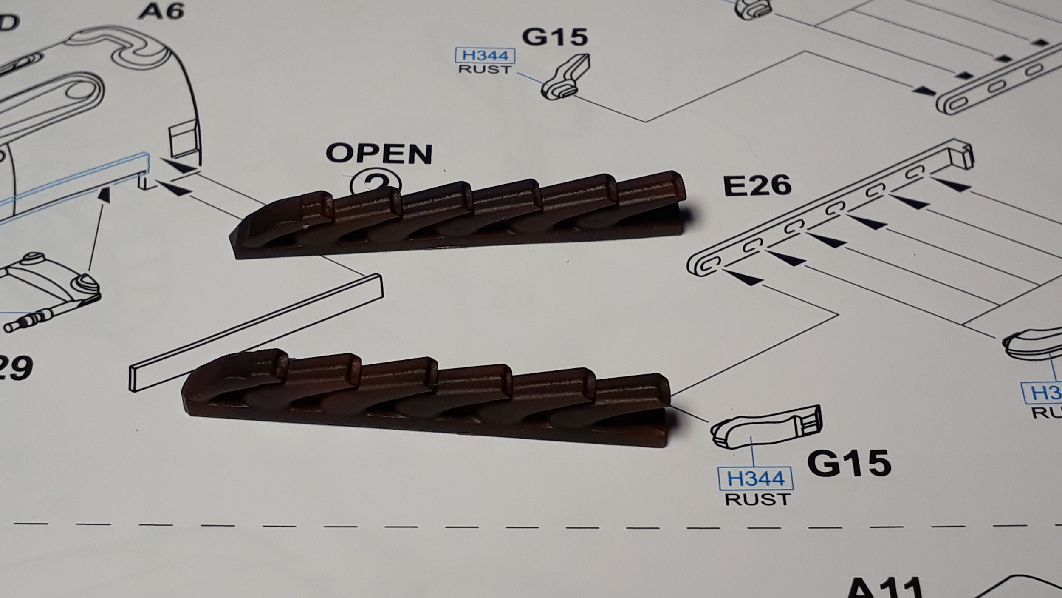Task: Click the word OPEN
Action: click(x=379, y=154)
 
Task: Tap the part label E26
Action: click(x=757, y=186)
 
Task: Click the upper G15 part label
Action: click(x=555, y=37)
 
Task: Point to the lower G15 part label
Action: click(x=849, y=462)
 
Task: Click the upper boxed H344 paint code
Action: click(x=485, y=56)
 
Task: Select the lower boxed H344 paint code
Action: click(x=755, y=478)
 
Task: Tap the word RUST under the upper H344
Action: click(x=485, y=69)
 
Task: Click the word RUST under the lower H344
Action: click(x=757, y=499)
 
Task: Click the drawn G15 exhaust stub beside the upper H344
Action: click(x=565, y=79)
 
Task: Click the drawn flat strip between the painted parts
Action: click(x=255, y=332)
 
